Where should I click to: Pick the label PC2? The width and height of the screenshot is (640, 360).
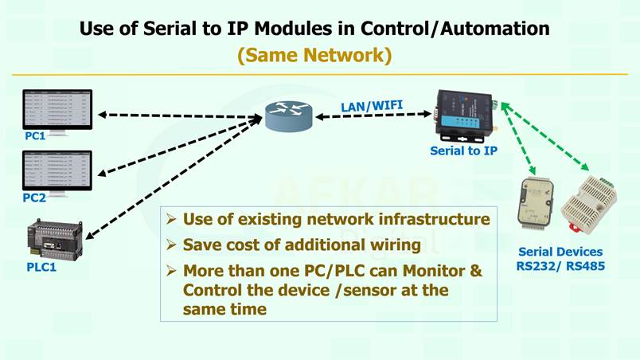(36, 198)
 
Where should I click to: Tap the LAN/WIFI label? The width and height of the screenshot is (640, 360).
(371, 105)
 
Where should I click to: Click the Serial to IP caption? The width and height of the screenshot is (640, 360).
(464, 149)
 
